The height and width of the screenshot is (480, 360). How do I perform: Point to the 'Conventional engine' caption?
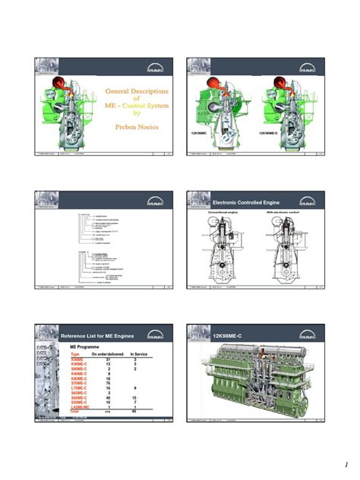point(224,213)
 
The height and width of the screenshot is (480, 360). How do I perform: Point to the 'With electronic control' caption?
point(284,213)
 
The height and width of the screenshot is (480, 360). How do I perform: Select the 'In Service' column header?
point(142,354)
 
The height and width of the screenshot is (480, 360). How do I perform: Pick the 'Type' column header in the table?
point(75,354)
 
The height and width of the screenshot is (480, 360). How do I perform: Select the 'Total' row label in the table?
point(75,411)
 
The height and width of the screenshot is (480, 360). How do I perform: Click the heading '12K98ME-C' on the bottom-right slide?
point(228,335)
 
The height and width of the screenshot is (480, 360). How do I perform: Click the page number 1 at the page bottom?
point(343,464)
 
